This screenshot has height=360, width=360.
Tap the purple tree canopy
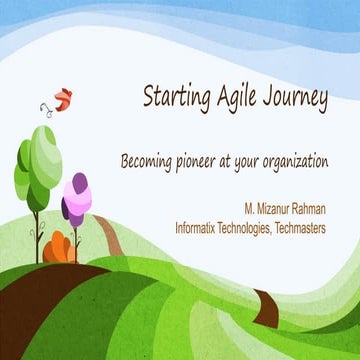76,195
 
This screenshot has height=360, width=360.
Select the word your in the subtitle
245,161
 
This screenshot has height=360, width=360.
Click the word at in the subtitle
226,161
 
